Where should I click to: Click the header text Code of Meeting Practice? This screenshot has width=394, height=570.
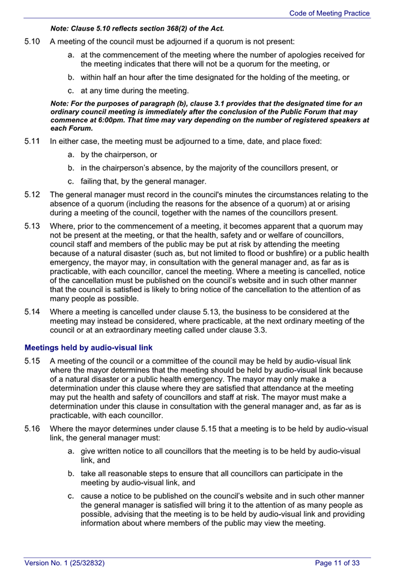pyautogui.click(x=329, y=13)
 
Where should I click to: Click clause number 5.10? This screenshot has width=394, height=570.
pyautogui.click(x=32, y=42)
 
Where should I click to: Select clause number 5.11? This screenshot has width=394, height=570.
pyautogui.click(x=32, y=142)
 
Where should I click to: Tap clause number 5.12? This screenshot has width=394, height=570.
pyautogui.click(x=32, y=194)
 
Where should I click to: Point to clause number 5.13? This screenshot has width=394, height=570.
pyautogui.click(x=32, y=226)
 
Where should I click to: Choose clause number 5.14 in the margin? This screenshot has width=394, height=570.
pyautogui.click(x=32, y=312)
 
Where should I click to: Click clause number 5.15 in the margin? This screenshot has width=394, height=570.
pyautogui.click(x=32, y=361)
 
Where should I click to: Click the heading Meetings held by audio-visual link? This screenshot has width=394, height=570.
pyautogui.click(x=88, y=347)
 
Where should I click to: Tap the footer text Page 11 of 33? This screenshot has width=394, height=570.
pyautogui.click(x=338, y=563)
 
